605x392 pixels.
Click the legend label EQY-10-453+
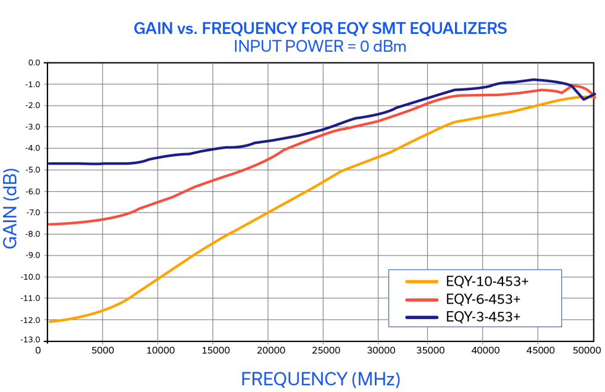[x=487, y=282]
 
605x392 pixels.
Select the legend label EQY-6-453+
[x=483, y=299]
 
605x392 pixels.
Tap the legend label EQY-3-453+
[x=483, y=317]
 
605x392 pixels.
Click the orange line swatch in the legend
[x=422, y=282]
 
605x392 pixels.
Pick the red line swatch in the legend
[x=422, y=299]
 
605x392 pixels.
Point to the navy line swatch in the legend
[x=422, y=317]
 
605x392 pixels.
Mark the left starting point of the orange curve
[x=49, y=321]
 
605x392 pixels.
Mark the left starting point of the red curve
[x=49, y=225]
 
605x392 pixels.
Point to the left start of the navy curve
[x=49, y=165]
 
